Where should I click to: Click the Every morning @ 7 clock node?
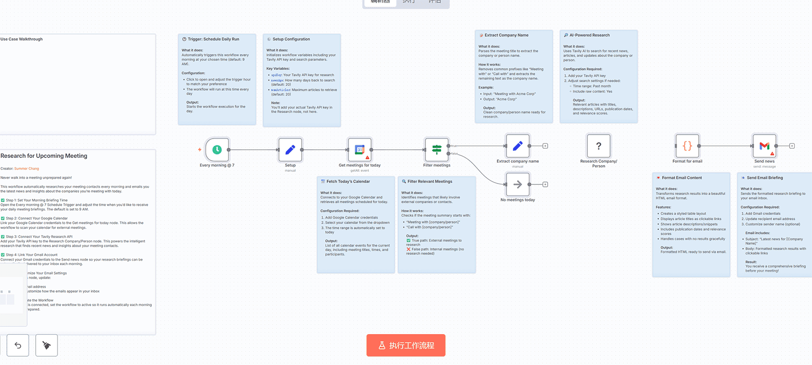(217, 150)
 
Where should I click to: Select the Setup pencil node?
(290, 150)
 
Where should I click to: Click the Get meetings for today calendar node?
(360, 150)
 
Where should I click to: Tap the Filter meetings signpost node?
(436, 150)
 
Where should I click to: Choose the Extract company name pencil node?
(517, 146)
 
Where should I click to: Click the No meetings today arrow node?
(517, 184)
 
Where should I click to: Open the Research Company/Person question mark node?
(598, 146)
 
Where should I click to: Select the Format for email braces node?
(687, 146)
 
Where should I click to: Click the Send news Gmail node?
(764, 146)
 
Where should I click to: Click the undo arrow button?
(18, 345)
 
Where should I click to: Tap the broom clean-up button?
(46, 345)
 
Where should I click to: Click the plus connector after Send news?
(792, 146)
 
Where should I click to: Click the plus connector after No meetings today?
(545, 184)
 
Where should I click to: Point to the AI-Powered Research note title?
(589, 35)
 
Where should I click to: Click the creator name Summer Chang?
(27, 168)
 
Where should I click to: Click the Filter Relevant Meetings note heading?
(430, 182)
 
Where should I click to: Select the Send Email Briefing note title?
(765, 178)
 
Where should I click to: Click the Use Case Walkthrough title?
(22, 39)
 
